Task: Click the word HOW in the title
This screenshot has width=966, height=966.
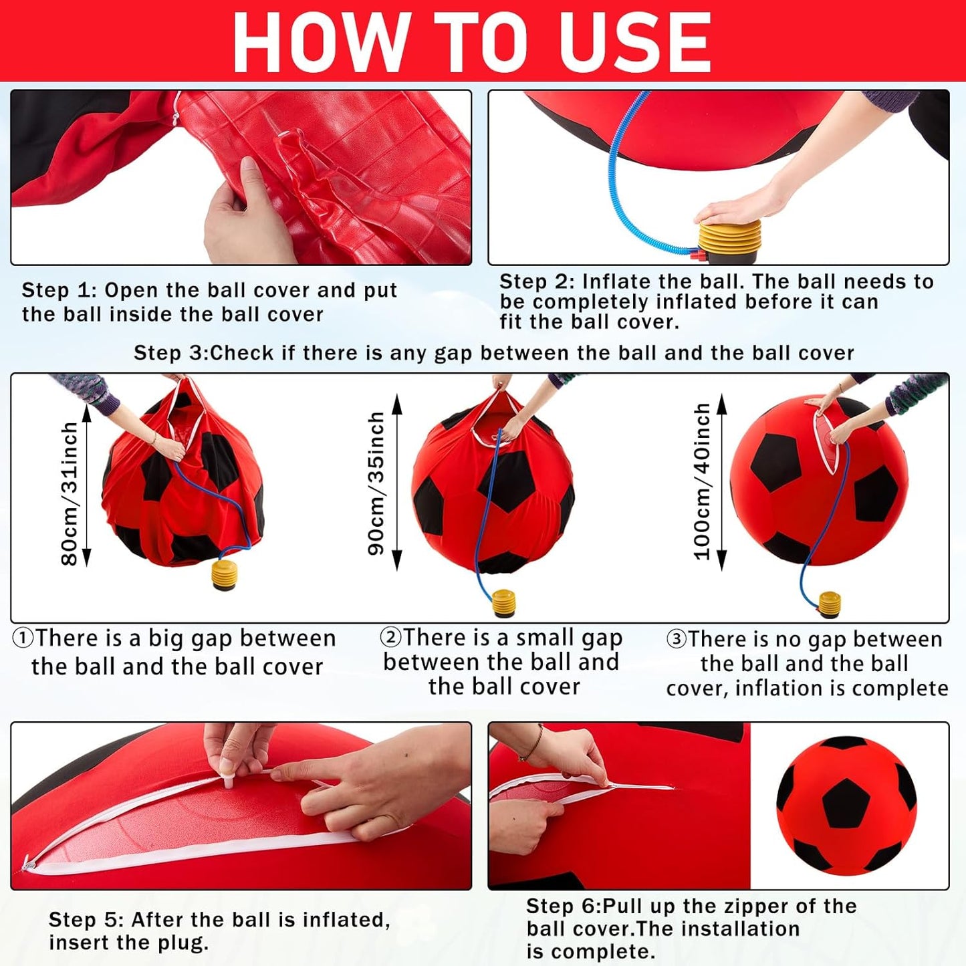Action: click(320, 42)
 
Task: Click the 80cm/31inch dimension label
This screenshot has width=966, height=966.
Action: click(70, 493)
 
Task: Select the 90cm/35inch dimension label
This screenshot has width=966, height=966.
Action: click(376, 483)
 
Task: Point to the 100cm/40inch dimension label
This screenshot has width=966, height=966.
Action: click(702, 481)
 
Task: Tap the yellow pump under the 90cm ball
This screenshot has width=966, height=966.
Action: click(503, 602)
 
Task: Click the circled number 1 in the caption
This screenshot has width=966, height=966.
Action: click(23, 638)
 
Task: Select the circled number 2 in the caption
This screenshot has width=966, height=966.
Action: click(390, 637)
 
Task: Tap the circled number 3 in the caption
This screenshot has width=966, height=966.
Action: click(677, 639)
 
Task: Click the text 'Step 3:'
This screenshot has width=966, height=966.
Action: click(170, 353)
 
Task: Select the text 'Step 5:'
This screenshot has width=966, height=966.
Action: click(86, 920)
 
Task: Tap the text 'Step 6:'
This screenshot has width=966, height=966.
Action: click(563, 907)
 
